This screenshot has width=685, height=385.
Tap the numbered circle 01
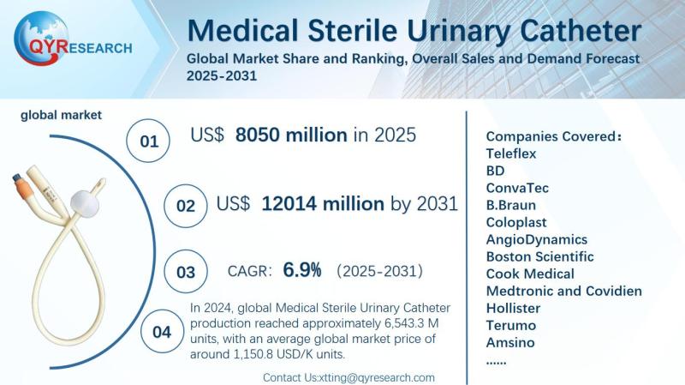pos(149,141)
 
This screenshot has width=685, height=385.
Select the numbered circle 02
pos(186,207)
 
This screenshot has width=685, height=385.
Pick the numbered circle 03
pos(186,273)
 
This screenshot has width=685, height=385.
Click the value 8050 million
pos(291,135)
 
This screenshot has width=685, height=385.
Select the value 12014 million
pos(323,203)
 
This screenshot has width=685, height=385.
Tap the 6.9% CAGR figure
pos(302,271)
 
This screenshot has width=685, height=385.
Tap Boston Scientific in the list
pos(539,256)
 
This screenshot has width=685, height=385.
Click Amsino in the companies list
pos(510,342)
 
